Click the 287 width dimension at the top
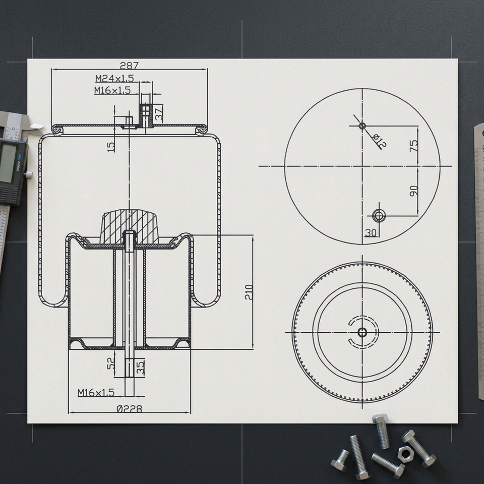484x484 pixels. pyautogui.click(x=129, y=66)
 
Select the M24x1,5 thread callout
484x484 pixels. pyautogui.click(x=114, y=79)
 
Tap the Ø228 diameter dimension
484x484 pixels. pyautogui.click(x=130, y=409)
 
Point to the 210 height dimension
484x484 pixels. pyautogui.click(x=249, y=292)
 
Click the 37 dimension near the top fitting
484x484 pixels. pyautogui.click(x=159, y=114)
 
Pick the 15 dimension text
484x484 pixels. pyautogui.click(x=111, y=147)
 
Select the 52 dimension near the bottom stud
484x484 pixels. pyautogui.click(x=111, y=363)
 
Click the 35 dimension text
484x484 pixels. pyautogui.click(x=141, y=368)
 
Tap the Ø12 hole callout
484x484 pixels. pyautogui.click(x=379, y=141)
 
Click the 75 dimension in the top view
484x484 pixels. pyautogui.click(x=413, y=146)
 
